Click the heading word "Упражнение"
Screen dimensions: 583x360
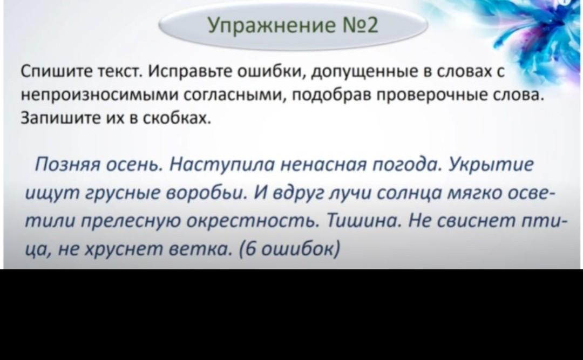point(267,26)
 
